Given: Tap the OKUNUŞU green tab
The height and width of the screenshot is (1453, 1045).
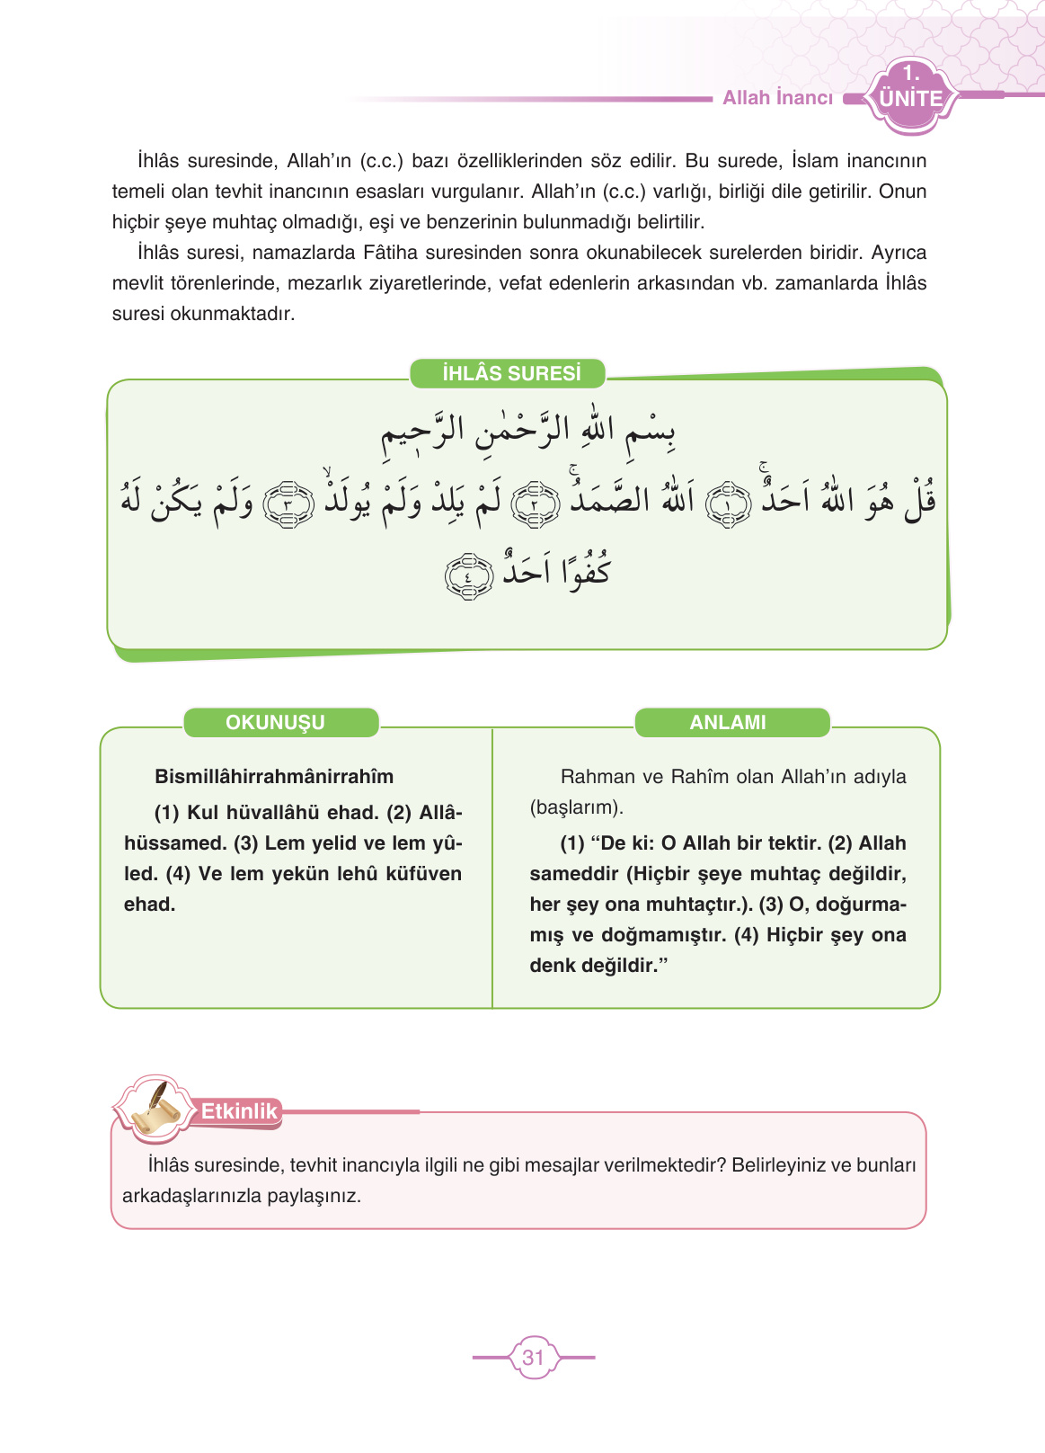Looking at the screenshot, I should tap(275, 722).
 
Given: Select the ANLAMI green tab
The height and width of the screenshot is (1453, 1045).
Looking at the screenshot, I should tap(728, 722).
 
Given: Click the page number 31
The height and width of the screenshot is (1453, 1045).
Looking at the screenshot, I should tap(534, 1357).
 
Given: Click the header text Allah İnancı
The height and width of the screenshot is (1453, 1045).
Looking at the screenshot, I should tap(777, 98).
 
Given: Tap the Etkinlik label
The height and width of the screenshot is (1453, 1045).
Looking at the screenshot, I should tap(239, 1111).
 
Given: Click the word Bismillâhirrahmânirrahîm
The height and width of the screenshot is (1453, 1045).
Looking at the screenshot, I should tap(274, 776).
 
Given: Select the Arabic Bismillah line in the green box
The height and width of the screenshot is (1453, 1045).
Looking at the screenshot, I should tap(528, 431).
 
